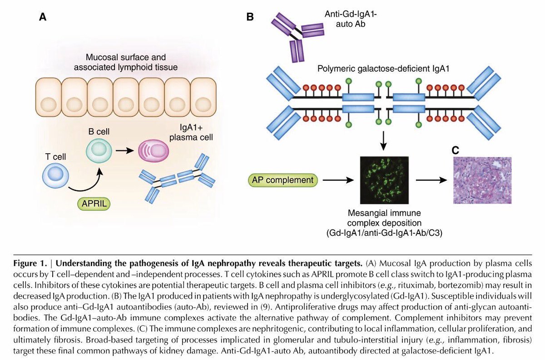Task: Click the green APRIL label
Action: [94, 204]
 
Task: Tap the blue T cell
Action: [55, 176]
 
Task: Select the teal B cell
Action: [99, 150]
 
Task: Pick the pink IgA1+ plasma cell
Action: [154, 151]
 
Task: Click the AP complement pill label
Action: [282, 180]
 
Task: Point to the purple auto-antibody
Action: [297, 36]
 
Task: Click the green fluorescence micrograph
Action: [384, 180]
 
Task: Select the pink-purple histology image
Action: [482, 180]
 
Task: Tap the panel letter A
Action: [43, 17]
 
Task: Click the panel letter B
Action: [250, 17]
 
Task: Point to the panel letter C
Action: [455, 150]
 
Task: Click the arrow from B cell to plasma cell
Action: [125, 151]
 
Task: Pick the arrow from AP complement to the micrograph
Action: [338, 180]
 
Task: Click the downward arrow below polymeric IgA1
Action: [383, 141]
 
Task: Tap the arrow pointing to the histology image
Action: [431, 180]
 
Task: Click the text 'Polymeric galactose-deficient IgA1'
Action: [383, 69]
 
